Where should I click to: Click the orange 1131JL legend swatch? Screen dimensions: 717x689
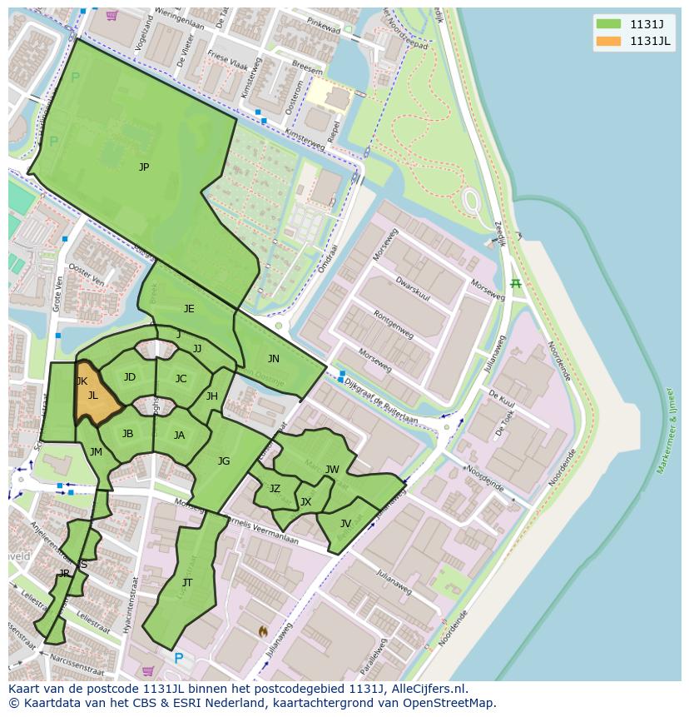pyautogui.click(x=608, y=41)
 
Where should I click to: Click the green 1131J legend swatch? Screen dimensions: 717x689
pyautogui.click(x=608, y=23)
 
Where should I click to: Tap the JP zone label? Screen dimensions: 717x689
pyautogui.click(x=144, y=167)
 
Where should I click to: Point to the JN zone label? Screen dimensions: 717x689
pyautogui.click(x=274, y=359)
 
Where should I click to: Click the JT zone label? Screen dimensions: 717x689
pyautogui.click(x=187, y=583)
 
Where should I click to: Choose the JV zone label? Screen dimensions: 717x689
pyautogui.click(x=345, y=524)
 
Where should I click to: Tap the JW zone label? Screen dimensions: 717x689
pyautogui.click(x=332, y=470)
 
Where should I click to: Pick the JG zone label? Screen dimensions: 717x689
pyautogui.click(x=224, y=461)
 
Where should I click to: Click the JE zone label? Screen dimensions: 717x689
pyautogui.click(x=189, y=309)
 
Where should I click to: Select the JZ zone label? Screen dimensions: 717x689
pyautogui.click(x=275, y=489)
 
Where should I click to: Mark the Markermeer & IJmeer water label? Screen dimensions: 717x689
pyautogui.click(x=667, y=430)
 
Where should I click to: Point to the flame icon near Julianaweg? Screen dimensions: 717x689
pyautogui.click(x=263, y=631)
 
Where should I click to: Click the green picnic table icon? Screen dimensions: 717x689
pyautogui.click(x=516, y=284)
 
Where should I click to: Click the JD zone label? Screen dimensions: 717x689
pyautogui.click(x=129, y=377)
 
